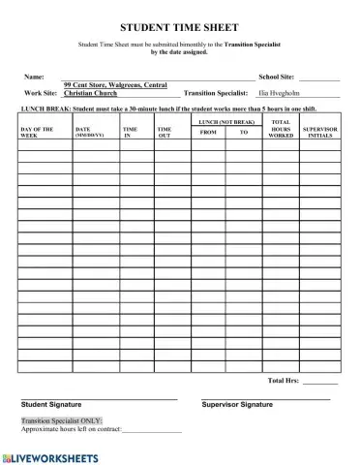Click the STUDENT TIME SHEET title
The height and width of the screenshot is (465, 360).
(x=180, y=29)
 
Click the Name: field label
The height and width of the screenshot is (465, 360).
(x=33, y=76)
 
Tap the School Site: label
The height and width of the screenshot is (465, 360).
(x=276, y=76)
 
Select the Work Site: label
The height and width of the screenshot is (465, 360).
(x=41, y=94)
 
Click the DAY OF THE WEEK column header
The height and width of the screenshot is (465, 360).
(x=38, y=132)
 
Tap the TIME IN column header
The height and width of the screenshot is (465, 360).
(x=131, y=132)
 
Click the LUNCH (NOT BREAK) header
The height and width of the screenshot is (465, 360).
(x=225, y=122)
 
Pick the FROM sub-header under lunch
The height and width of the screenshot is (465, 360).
(x=207, y=132)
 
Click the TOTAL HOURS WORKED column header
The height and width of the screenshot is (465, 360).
(x=281, y=130)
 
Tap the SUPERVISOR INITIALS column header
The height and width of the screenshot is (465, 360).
(x=319, y=132)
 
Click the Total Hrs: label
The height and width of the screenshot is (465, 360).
(x=283, y=381)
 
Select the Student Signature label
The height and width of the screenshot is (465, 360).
(x=51, y=404)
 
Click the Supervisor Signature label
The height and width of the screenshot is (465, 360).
(x=237, y=404)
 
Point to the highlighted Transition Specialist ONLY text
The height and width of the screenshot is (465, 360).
(x=61, y=421)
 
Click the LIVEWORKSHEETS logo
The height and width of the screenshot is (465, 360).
(x=50, y=454)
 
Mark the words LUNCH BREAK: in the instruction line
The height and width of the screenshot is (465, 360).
(x=45, y=111)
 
